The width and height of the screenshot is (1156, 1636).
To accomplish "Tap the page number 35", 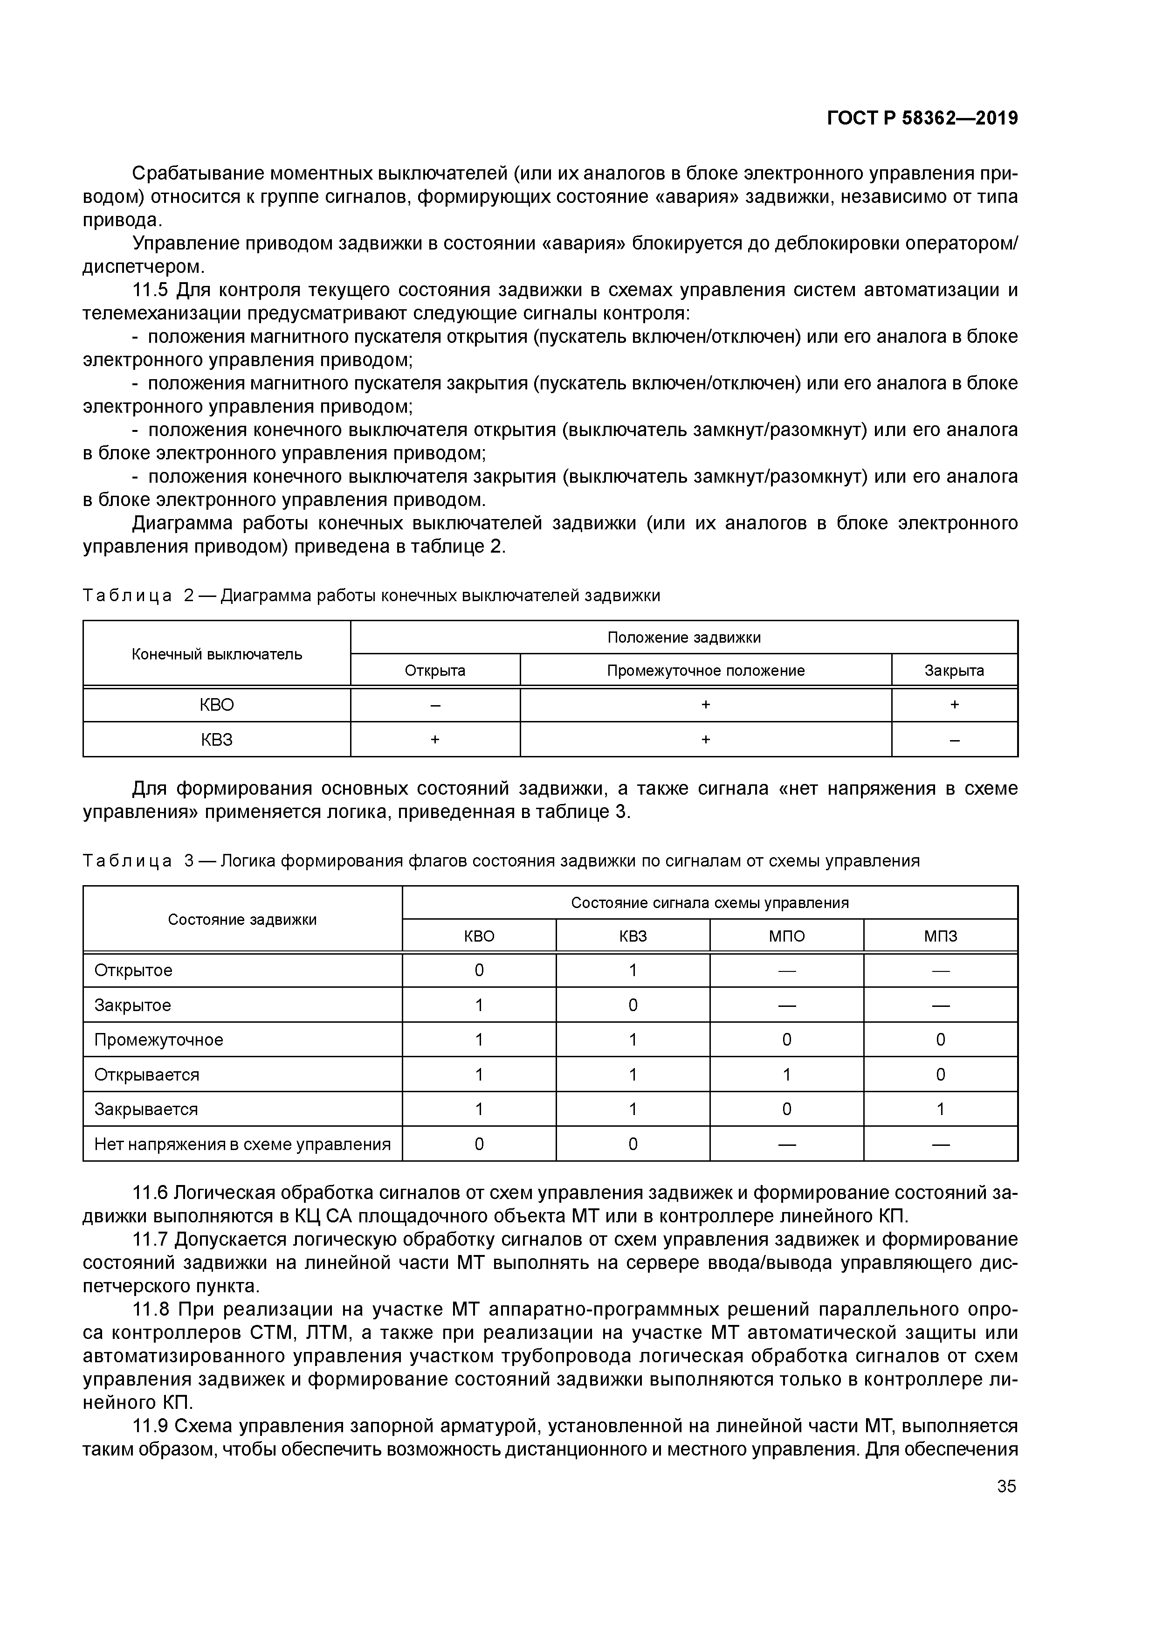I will click(x=1006, y=1486).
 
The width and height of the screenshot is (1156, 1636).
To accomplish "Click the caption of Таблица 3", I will click(x=501, y=861).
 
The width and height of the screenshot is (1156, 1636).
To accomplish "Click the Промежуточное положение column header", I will click(x=705, y=671).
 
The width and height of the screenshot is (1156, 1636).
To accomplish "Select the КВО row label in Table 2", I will click(x=217, y=705).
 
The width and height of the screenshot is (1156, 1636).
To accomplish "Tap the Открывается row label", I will click(x=147, y=1074).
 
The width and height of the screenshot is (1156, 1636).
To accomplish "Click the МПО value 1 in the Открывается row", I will click(x=786, y=1074).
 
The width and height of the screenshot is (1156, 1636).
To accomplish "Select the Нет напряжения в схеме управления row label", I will click(x=242, y=1144).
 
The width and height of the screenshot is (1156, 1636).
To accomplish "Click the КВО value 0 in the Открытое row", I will click(x=479, y=971).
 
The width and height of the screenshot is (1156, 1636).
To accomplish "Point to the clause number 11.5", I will click(x=150, y=290).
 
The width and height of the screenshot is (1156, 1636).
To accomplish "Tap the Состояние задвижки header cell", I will click(x=242, y=919).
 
